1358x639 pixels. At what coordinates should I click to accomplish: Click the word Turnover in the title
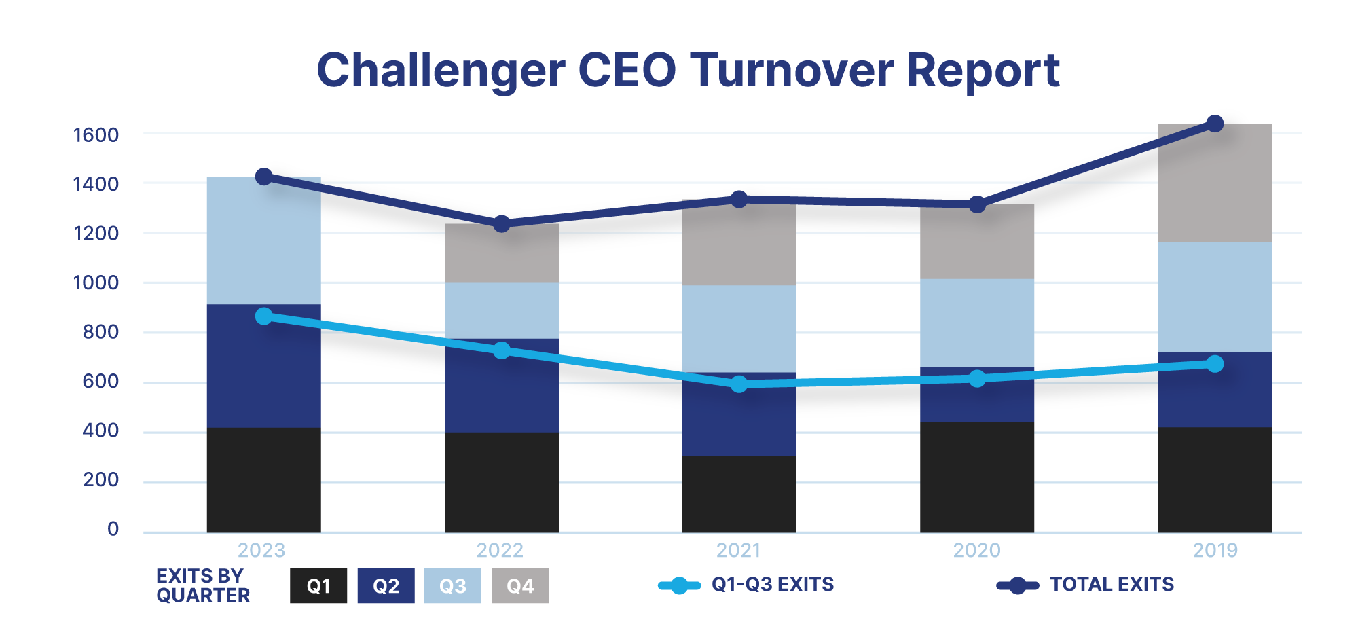(x=792, y=71)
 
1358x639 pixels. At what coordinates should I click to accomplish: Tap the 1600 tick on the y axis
(x=96, y=134)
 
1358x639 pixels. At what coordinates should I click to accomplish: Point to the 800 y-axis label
(x=100, y=332)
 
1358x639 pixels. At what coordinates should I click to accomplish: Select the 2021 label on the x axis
(x=738, y=550)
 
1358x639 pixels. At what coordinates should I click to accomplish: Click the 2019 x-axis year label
(x=1215, y=550)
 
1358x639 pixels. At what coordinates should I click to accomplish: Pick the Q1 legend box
(x=318, y=586)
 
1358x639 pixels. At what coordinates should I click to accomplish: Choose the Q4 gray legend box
(x=520, y=586)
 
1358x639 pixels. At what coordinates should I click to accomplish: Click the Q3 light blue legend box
(x=453, y=586)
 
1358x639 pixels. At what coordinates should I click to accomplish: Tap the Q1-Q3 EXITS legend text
(x=772, y=585)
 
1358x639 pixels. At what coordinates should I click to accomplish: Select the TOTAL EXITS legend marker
(x=1017, y=585)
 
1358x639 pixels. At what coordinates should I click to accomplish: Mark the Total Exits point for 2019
(x=1215, y=124)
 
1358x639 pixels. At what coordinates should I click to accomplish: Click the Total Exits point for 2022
(x=502, y=223)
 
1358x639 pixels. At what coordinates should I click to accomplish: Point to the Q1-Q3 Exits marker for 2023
(x=264, y=316)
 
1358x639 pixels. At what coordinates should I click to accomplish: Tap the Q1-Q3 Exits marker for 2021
(x=739, y=384)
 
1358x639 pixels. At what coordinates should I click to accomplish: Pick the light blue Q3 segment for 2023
(x=264, y=241)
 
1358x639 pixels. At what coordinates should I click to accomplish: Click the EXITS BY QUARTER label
(x=202, y=585)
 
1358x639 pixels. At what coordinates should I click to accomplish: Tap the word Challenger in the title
(x=441, y=71)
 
